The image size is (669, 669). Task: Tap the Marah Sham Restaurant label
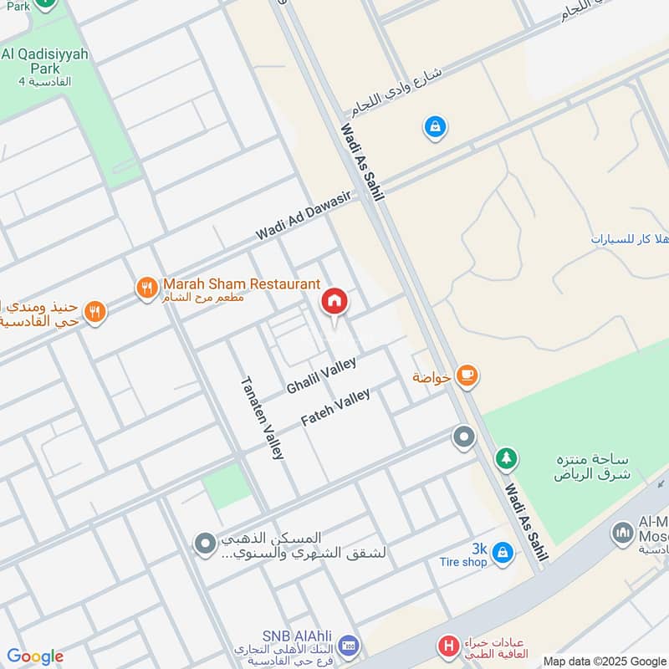click(x=242, y=284)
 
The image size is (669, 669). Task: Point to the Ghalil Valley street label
click(x=321, y=375)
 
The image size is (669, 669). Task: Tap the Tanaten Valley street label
click(x=263, y=417)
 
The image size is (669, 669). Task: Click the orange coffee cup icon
click(x=467, y=376)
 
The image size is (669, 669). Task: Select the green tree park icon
click(x=505, y=458)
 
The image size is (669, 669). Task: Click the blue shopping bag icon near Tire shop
click(x=502, y=552)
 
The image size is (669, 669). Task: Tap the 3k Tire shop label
click(x=462, y=555)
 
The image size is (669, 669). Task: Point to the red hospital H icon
click(x=449, y=646)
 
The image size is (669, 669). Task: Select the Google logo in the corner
click(x=34, y=656)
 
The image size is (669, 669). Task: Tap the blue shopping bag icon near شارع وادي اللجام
click(x=435, y=127)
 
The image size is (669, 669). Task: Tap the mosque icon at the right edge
click(x=622, y=533)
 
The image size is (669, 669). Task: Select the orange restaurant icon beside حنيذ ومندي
click(x=95, y=313)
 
